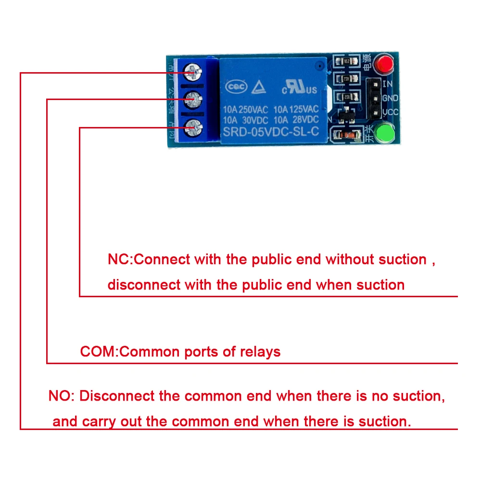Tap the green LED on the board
[384, 134]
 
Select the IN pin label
[388, 84]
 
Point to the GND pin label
[390, 98]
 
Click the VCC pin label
[390, 113]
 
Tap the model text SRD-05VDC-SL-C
[271, 131]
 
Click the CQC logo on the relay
[237, 87]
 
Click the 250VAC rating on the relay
[254, 109]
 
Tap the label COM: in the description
[100, 352]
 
